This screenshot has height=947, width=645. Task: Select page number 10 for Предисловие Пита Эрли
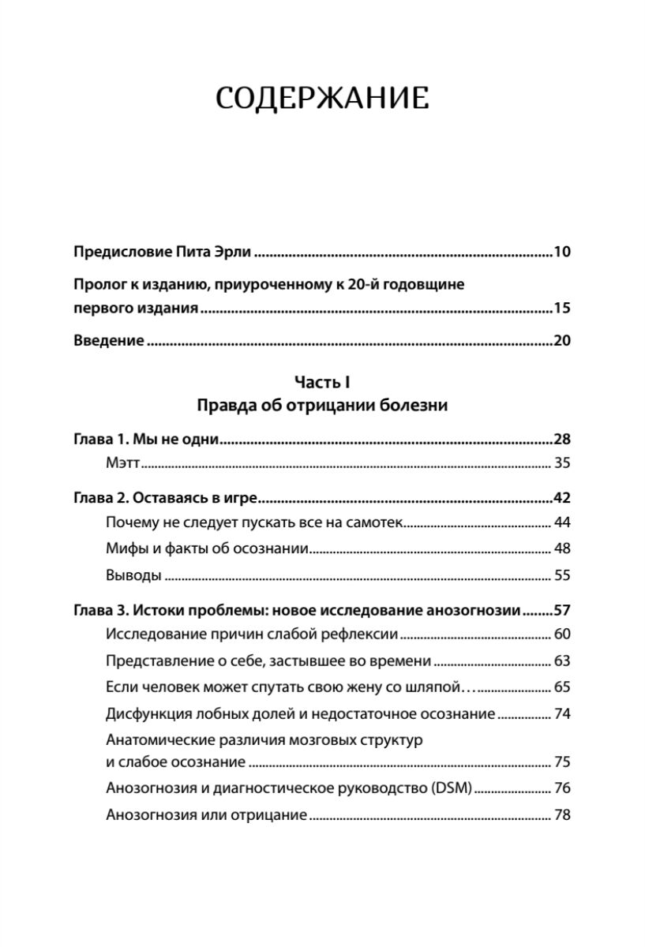(x=561, y=253)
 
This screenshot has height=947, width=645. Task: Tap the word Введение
(x=108, y=341)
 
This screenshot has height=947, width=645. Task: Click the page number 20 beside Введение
(x=561, y=341)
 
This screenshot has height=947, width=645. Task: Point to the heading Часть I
(x=321, y=382)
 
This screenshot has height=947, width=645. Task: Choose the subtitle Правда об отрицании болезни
(x=321, y=406)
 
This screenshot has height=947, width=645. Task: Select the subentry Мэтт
(x=122, y=462)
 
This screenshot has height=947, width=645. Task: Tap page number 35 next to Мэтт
(x=561, y=462)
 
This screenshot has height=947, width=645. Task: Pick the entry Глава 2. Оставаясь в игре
(x=167, y=499)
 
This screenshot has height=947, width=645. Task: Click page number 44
(x=561, y=522)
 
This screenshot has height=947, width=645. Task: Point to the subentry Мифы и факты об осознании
(x=207, y=548)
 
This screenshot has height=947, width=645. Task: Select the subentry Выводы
(x=133, y=575)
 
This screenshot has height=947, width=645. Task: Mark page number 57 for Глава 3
(x=561, y=610)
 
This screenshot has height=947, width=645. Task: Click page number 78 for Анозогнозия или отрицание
(x=561, y=814)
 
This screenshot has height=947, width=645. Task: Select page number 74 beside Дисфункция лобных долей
(x=561, y=713)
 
